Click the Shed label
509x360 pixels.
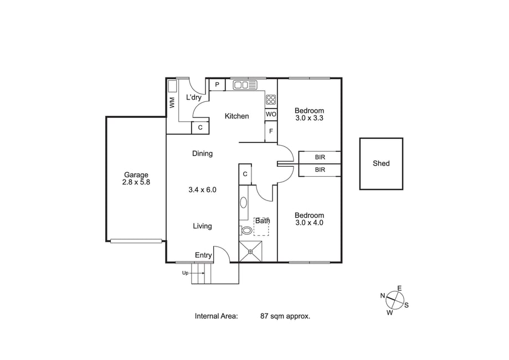(381, 163)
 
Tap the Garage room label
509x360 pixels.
(136, 175)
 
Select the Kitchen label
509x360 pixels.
(236, 116)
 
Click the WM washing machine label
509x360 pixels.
(172, 102)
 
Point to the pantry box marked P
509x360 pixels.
(217, 85)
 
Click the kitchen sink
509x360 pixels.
(245, 85)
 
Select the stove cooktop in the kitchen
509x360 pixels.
(271, 99)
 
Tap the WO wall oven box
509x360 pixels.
(271, 114)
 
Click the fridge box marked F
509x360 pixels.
(271, 131)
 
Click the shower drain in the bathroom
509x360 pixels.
(250, 251)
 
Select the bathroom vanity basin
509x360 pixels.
(244, 203)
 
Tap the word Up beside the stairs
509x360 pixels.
(185, 273)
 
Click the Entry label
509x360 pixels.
(203, 255)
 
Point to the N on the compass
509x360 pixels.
(383, 295)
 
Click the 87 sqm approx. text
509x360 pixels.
(285, 316)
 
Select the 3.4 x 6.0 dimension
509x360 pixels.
(202, 189)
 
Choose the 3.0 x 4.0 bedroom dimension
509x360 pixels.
(309, 223)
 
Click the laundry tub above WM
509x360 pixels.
(172, 86)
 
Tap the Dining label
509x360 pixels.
(202, 153)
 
